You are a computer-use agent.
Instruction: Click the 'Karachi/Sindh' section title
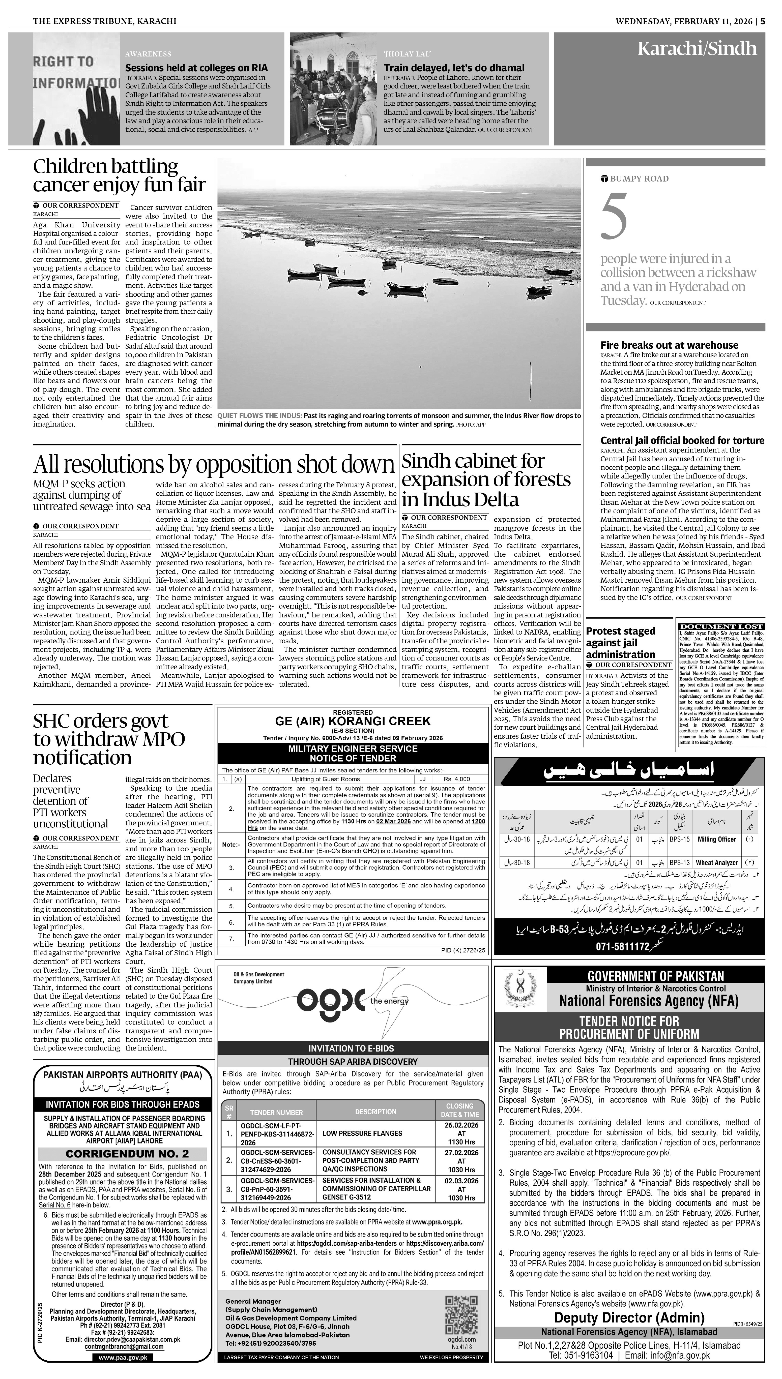[697, 49]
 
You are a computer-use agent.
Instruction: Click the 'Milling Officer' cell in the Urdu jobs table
[716, 839]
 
